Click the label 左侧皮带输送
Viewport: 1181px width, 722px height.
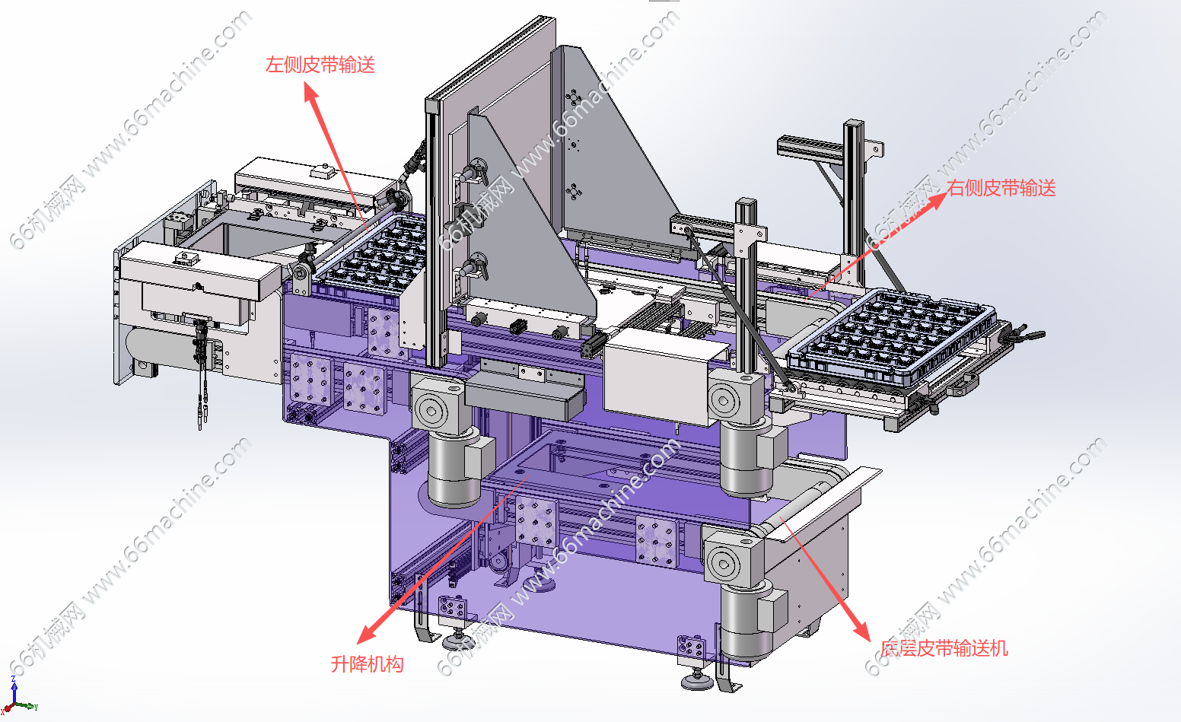pyautogui.click(x=320, y=65)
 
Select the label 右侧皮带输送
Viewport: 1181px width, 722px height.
pyautogui.click(x=1001, y=188)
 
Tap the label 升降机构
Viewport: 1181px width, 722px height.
pyautogui.click(x=367, y=664)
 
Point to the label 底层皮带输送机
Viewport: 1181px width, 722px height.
pyautogui.click(x=944, y=648)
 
